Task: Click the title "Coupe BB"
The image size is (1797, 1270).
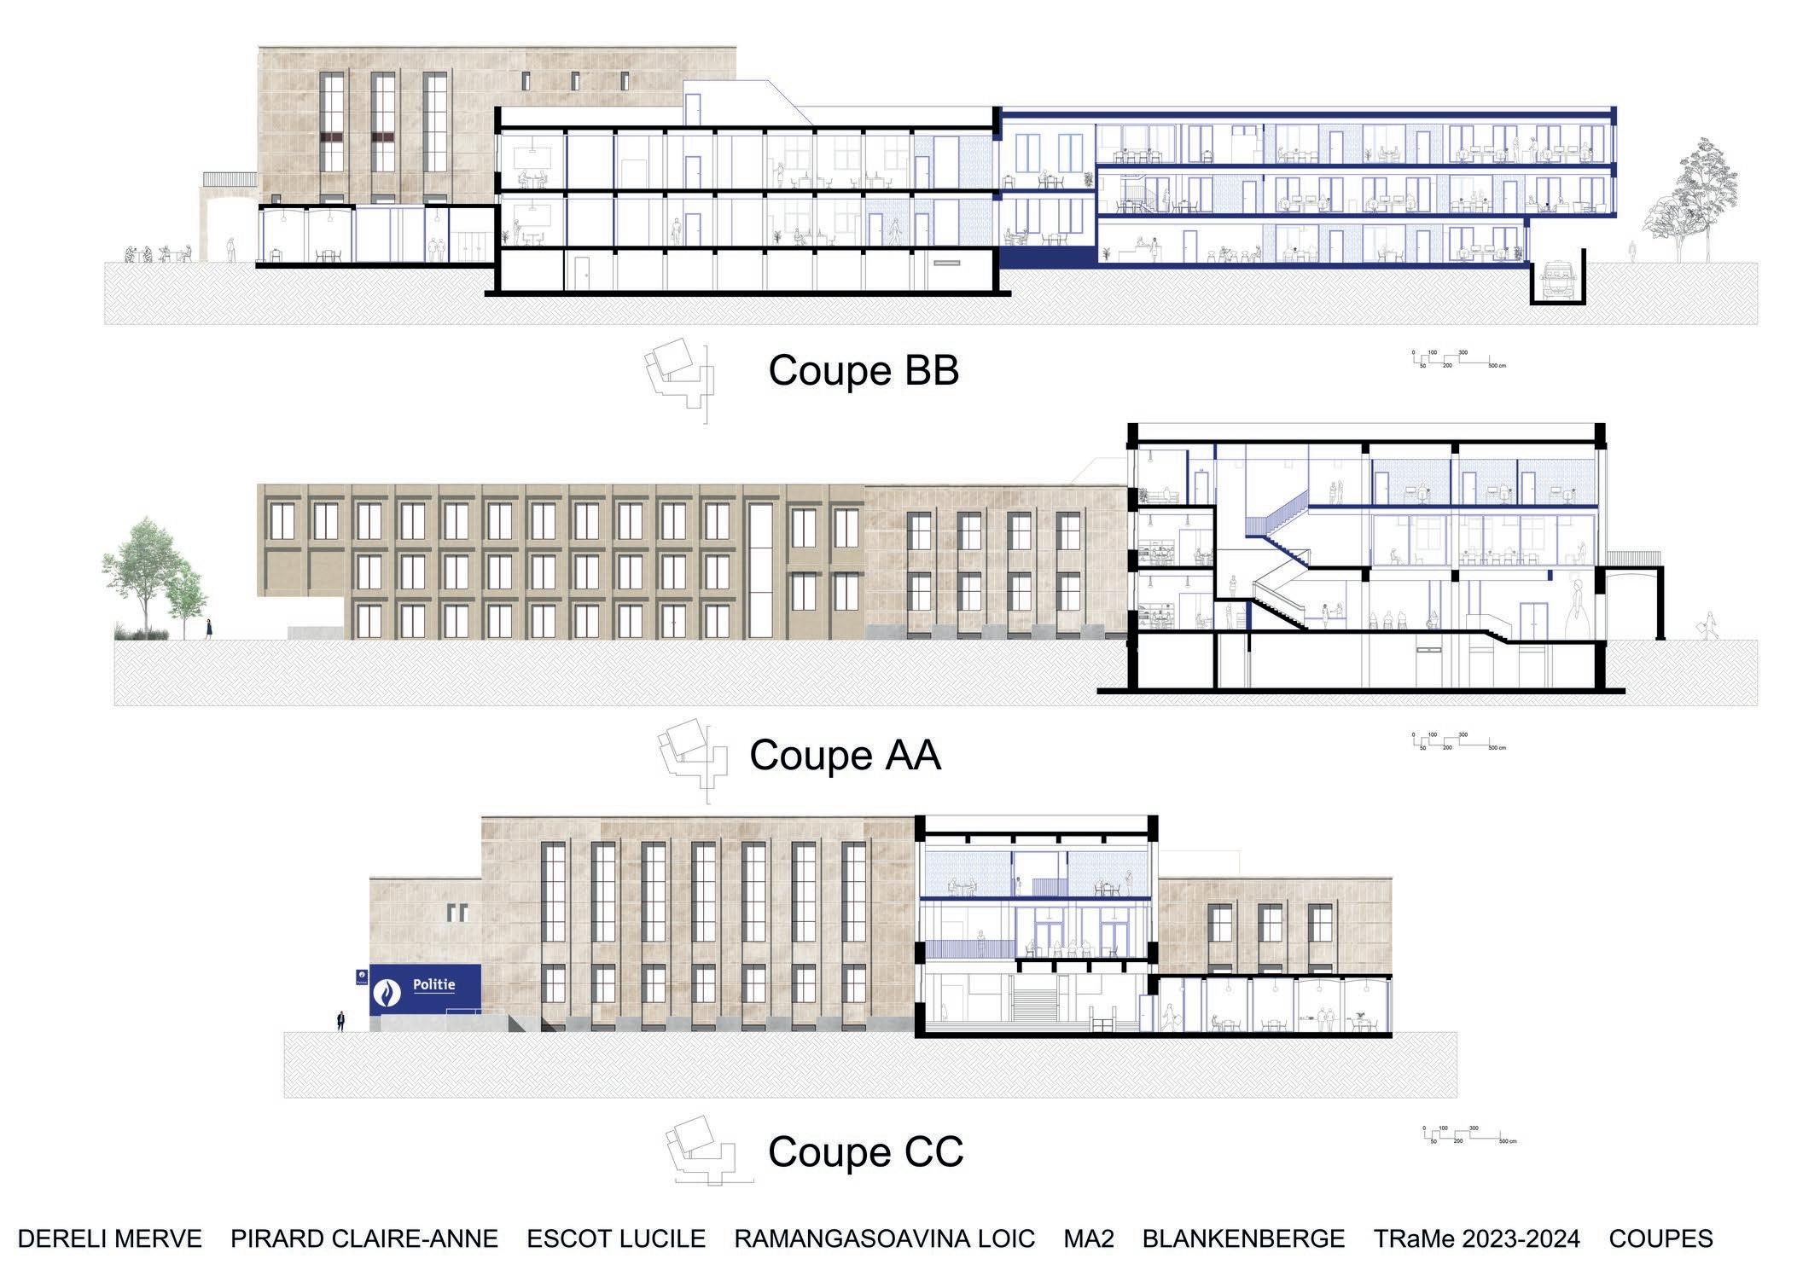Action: pyautogui.click(x=864, y=371)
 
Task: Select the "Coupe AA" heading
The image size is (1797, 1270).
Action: pyautogui.click(x=845, y=756)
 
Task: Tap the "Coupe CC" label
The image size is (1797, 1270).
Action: pyautogui.click(x=865, y=1152)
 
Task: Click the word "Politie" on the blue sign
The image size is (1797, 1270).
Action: pyautogui.click(x=433, y=985)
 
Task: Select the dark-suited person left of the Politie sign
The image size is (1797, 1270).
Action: pyautogui.click(x=340, y=1021)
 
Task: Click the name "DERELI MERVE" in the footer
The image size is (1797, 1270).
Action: pyautogui.click(x=110, y=1238)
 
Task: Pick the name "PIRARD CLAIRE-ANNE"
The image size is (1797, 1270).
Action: pyautogui.click(x=364, y=1238)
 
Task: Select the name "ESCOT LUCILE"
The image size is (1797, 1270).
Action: pyautogui.click(x=616, y=1238)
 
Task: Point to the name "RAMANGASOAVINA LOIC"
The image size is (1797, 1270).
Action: pyautogui.click(x=884, y=1238)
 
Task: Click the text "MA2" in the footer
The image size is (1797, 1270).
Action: pyautogui.click(x=1088, y=1238)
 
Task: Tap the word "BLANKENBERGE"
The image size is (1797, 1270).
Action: pyautogui.click(x=1243, y=1238)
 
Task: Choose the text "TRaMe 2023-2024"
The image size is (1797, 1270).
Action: pyautogui.click(x=1476, y=1238)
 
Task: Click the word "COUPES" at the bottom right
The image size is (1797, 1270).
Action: pyautogui.click(x=1660, y=1238)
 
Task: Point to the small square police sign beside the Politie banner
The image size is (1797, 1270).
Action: pyautogui.click(x=361, y=977)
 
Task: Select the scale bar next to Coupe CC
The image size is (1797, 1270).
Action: pyautogui.click(x=1469, y=1135)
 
